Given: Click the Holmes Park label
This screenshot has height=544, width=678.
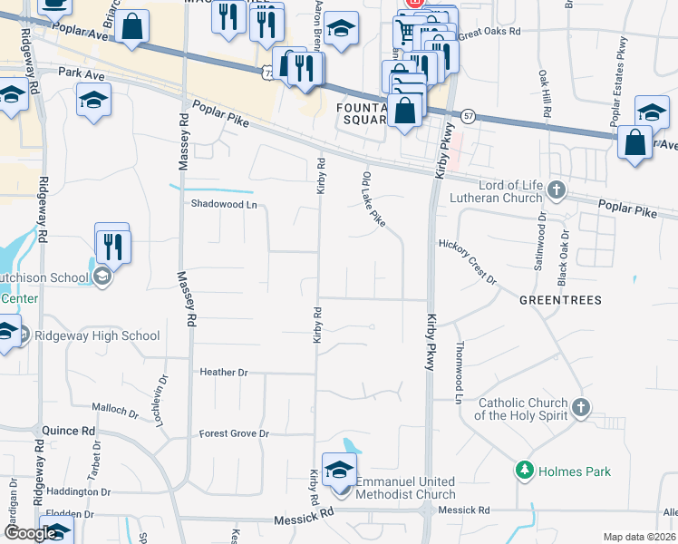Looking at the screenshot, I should (575, 471).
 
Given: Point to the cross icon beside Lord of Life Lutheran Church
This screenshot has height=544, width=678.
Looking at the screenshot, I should (557, 191).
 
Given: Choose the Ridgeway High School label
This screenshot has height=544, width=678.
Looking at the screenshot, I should (96, 335).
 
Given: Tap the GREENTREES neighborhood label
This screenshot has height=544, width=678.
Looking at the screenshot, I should (560, 299).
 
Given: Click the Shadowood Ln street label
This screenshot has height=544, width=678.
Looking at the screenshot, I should (224, 204).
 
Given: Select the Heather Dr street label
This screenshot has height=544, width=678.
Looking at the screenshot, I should (224, 372).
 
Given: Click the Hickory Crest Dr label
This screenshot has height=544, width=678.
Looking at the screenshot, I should (468, 262).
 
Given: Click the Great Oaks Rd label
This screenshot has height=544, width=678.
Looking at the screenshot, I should (489, 32).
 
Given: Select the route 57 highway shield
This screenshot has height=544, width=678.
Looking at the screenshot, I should (468, 117).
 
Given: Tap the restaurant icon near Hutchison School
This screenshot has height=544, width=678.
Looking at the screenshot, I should (113, 246).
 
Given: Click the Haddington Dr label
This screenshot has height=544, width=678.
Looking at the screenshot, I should (79, 491).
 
